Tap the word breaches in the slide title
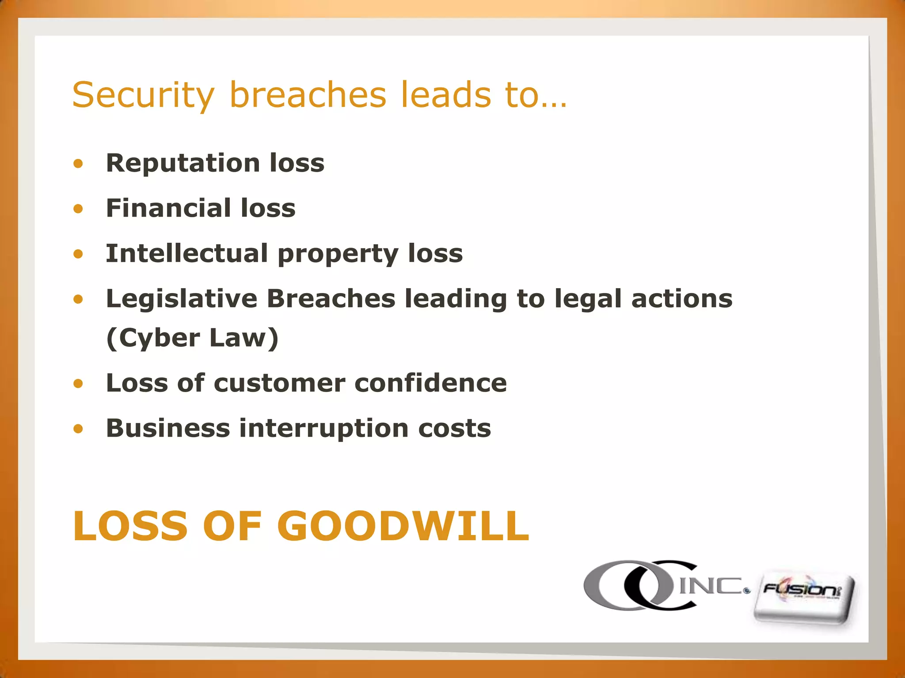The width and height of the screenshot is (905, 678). (x=308, y=94)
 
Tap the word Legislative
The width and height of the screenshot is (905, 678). (x=182, y=299)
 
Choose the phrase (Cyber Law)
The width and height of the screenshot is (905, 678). (x=193, y=338)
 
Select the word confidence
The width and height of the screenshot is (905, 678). (x=431, y=383)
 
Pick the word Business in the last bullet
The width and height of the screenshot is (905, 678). (x=168, y=428)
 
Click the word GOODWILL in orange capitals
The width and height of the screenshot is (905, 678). (x=403, y=526)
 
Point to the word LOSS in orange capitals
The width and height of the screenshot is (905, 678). (x=131, y=526)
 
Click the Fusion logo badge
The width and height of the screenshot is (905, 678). (x=804, y=598)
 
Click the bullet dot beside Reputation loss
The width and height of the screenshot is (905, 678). (x=78, y=164)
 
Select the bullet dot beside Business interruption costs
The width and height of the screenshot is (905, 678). (x=78, y=429)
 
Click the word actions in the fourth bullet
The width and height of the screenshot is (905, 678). (x=682, y=299)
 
